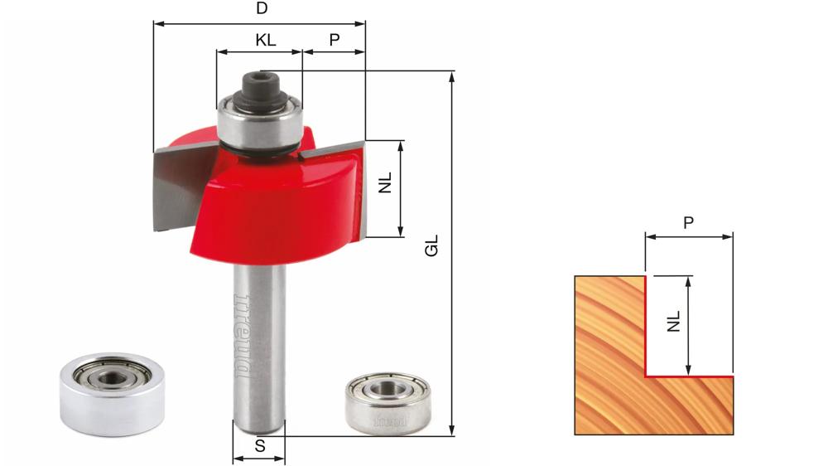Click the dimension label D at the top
click(262, 9)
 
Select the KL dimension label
click(266, 40)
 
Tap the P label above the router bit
click(335, 40)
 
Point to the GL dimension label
click(432, 246)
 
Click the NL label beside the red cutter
click(386, 182)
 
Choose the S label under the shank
click(260, 446)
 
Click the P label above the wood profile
click(688, 223)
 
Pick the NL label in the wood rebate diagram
click(673, 321)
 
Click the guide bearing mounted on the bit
click(259, 123)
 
